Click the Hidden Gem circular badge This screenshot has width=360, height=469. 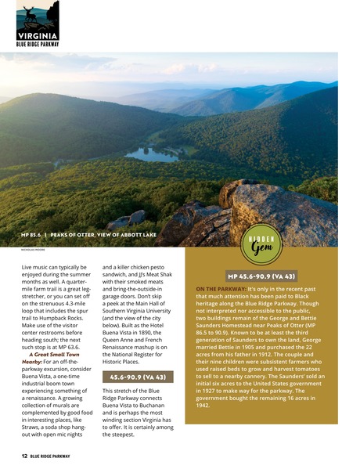point(261,245)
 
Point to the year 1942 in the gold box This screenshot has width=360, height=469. point(203,406)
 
